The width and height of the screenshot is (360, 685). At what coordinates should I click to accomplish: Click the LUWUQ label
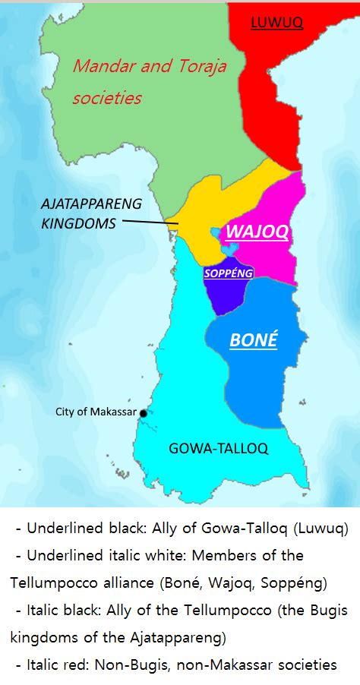click(277, 24)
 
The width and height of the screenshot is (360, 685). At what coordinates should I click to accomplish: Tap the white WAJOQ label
click(257, 232)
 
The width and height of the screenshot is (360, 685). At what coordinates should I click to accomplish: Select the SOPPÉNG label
click(228, 273)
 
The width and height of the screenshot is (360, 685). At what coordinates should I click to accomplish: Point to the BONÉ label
click(254, 340)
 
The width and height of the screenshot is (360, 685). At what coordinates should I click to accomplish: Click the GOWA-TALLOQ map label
click(218, 448)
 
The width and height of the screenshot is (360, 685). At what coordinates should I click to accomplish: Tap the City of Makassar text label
click(96, 412)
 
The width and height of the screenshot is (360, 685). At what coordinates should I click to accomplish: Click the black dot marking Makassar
click(143, 413)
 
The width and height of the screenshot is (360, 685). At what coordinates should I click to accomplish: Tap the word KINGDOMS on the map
click(78, 224)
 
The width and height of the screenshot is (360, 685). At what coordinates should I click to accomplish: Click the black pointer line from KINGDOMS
click(149, 223)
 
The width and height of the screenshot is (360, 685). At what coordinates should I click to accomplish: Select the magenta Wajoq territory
click(281, 262)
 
